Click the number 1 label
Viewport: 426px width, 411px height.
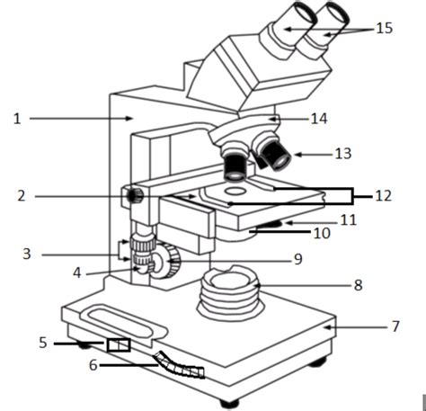(16, 118)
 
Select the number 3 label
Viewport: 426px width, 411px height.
(27, 255)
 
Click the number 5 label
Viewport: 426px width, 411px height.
(42, 343)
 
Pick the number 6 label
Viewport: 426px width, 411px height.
(92, 365)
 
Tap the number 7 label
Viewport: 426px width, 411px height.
(395, 326)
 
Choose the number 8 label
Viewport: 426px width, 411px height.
(358, 285)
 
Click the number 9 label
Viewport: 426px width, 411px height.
(297, 259)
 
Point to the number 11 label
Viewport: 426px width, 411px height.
(349, 219)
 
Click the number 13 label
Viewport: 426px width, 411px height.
(342, 154)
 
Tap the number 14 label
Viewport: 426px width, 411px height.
(318, 118)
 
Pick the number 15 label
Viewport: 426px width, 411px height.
(384, 29)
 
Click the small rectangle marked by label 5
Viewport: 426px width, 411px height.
(118, 345)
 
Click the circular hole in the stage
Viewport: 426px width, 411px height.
(235, 192)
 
